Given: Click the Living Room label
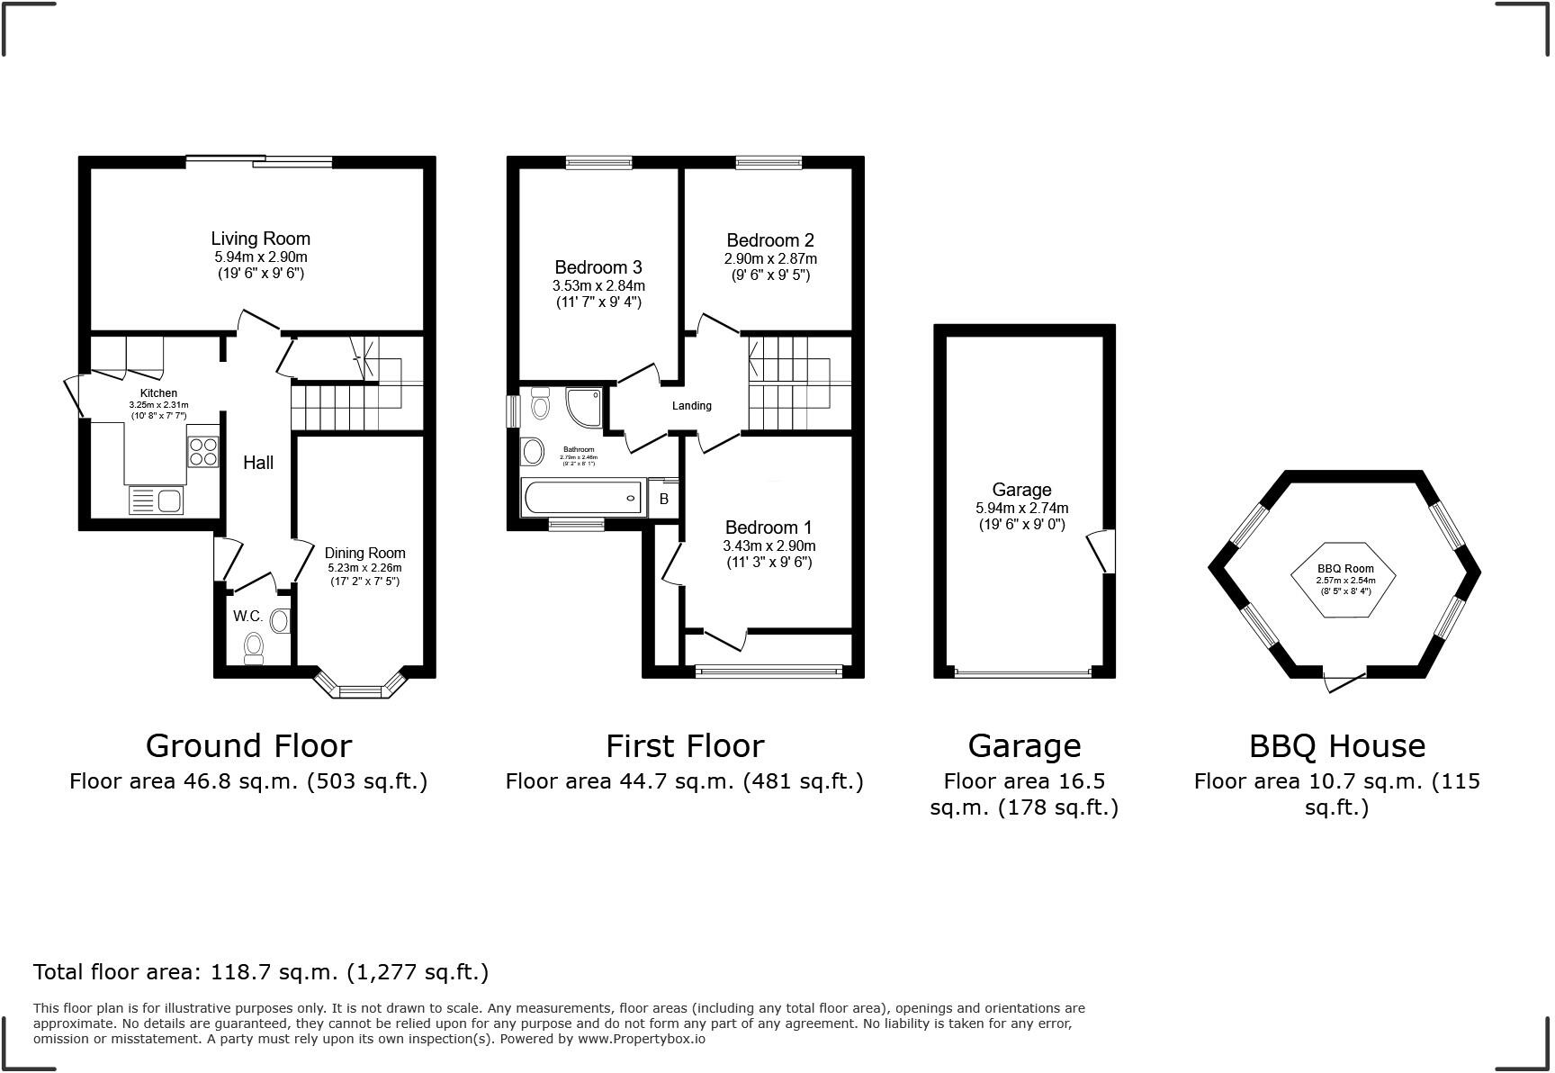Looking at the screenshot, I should click(260, 239).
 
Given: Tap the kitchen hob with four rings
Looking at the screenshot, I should click(203, 451).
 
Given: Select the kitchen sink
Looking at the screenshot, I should click(157, 500).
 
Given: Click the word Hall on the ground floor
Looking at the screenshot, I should click(258, 463).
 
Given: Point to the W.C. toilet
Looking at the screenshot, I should click(254, 646).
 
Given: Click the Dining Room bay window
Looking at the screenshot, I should click(361, 690).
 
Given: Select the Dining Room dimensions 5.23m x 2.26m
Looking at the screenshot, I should click(364, 568).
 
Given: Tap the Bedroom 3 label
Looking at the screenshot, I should click(598, 267).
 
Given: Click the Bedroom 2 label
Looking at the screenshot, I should click(770, 240).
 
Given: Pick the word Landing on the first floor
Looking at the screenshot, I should click(692, 406).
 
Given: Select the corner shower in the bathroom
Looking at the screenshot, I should click(584, 407).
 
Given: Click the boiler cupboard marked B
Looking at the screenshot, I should click(664, 499).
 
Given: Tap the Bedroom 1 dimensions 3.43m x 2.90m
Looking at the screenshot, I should click(769, 546).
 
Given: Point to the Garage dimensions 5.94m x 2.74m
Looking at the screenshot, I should click(1022, 508).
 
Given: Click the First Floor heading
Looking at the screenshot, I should click(685, 746).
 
